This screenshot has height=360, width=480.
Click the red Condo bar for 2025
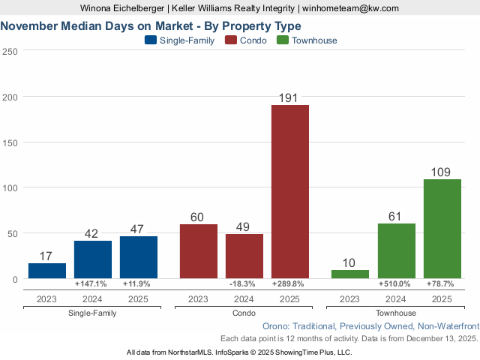pyautogui.click(x=290, y=191)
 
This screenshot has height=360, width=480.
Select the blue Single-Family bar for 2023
pyautogui.click(x=47, y=271)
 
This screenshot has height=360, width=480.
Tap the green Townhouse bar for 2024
pyautogui.click(x=397, y=251)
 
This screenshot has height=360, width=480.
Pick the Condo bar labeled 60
pyautogui.click(x=199, y=251)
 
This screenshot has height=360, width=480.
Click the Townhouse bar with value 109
pyautogui.click(x=442, y=229)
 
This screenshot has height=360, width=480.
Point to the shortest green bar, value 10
pyautogui.click(x=350, y=274)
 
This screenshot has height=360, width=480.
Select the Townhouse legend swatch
pyautogui.click(x=283, y=40)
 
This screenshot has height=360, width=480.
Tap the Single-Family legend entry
pyautogui.click(x=179, y=40)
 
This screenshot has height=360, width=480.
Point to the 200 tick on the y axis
pyautogui.click(x=10, y=97)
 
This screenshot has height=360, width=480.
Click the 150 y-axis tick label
pyautogui.click(x=10, y=142)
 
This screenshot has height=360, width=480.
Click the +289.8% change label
pyautogui.click(x=290, y=284)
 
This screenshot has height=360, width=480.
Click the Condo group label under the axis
pyautogui.click(x=244, y=313)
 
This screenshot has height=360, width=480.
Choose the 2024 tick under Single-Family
pyautogui.click(x=93, y=299)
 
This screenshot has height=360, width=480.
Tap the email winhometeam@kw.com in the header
pyautogui.click(x=351, y=8)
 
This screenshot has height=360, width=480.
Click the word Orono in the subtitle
pyautogui.click(x=277, y=327)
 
